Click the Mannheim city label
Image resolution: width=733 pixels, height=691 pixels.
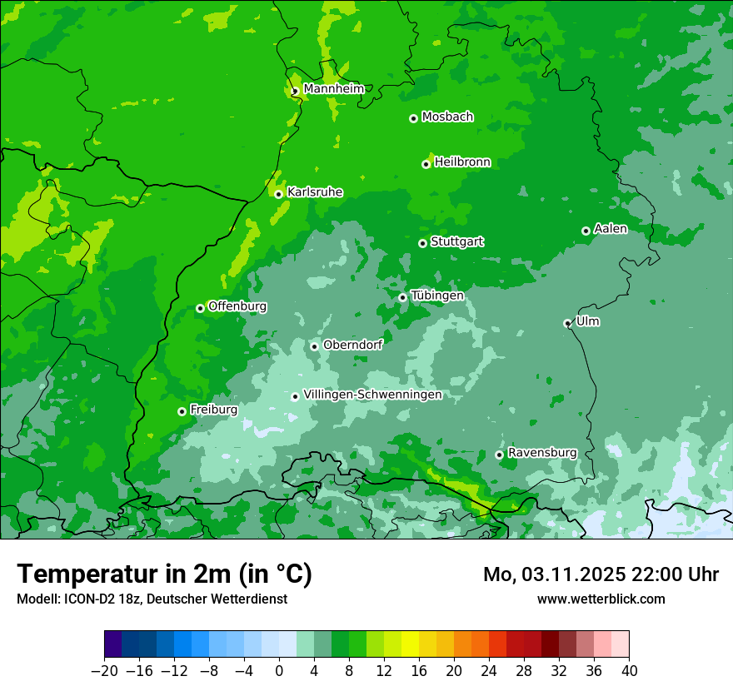pyautogui.click(x=333, y=89)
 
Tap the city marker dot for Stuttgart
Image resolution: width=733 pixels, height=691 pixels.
pyautogui.click(x=422, y=243)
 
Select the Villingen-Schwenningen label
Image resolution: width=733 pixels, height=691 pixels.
pyautogui.click(x=372, y=395)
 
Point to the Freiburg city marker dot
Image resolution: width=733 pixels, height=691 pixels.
pyautogui.click(x=182, y=411)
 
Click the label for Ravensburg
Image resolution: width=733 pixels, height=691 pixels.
pyautogui.click(x=542, y=453)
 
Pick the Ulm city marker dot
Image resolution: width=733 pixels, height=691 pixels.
pyautogui.click(x=567, y=323)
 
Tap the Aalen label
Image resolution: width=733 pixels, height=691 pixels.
pyautogui.click(x=611, y=229)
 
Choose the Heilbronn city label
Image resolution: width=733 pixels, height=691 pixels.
pyautogui.click(x=462, y=162)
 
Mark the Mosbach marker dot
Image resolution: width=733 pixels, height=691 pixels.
pyautogui.click(x=413, y=118)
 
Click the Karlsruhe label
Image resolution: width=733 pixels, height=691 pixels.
pyautogui.click(x=315, y=192)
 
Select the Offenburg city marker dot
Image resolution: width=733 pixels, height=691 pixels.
pyautogui.click(x=200, y=308)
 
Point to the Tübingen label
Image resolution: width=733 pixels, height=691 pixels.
pyautogui.click(x=437, y=296)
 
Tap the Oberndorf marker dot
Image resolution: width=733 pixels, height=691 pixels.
pyautogui.click(x=314, y=346)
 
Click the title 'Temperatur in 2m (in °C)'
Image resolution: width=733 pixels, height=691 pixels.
pyautogui.click(x=164, y=574)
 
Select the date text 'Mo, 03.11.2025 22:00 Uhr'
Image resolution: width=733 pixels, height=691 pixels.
pyautogui.click(x=601, y=574)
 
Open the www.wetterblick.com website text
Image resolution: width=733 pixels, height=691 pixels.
pyautogui.click(x=601, y=599)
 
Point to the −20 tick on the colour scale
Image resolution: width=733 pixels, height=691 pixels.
pyautogui.click(x=104, y=671)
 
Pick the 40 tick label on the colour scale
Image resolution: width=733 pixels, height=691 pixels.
pyautogui.click(x=629, y=671)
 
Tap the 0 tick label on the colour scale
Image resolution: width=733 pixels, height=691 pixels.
pyautogui.click(x=279, y=671)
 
